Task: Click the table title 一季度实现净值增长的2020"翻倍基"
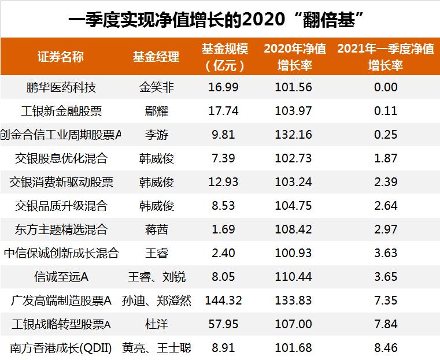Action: [x=220, y=19]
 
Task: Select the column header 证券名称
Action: [x=61, y=57]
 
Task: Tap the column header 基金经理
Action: [x=156, y=57]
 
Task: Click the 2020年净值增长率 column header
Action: [x=295, y=57]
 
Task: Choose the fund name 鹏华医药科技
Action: [x=61, y=87]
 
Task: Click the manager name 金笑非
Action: [x=157, y=87]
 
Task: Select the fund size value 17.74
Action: [x=223, y=111]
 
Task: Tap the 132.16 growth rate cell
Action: [x=294, y=135]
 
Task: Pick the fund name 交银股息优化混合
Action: [x=61, y=158]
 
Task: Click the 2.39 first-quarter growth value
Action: [x=386, y=182]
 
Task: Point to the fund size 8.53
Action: [x=223, y=206]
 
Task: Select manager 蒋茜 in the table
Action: [x=157, y=229]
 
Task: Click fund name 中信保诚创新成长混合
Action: [x=61, y=253]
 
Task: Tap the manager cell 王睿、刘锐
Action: [x=157, y=277]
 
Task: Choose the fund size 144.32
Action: [x=223, y=300]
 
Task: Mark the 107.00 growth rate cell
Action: [x=294, y=324]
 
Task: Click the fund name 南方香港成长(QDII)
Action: [x=61, y=348]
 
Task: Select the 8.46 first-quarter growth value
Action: [x=386, y=348]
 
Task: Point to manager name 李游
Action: [x=157, y=135]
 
